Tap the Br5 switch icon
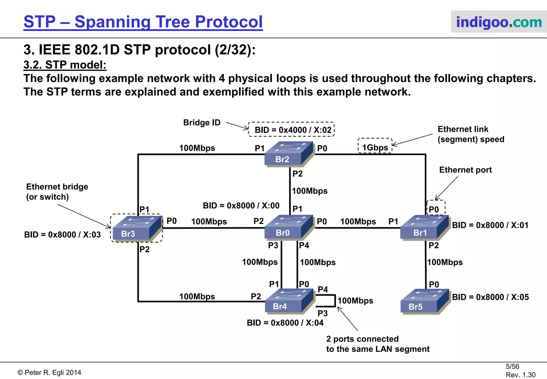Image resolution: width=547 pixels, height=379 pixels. (x=425, y=301)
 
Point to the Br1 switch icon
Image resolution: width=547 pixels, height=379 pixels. (x=425, y=227)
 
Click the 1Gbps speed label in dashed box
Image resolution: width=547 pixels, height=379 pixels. (x=375, y=147)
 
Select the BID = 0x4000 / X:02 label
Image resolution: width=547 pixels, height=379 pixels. (x=293, y=130)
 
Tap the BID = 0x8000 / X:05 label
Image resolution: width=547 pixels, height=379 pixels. (x=490, y=297)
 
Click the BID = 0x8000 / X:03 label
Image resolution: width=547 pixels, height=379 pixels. (x=62, y=234)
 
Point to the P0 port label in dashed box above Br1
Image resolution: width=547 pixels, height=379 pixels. (x=434, y=209)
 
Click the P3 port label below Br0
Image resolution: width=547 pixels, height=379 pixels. (x=273, y=245)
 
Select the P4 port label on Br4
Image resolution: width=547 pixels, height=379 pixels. (x=323, y=289)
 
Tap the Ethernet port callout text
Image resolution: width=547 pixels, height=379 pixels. (x=465, y=170)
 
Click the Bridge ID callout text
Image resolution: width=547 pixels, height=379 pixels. (x=202, y=122)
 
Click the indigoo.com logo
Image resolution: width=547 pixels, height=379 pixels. (x=499, y=22)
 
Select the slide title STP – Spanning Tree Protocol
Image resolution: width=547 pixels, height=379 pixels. (x=143, y=22)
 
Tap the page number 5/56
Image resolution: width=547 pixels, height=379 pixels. (x=512, y=366)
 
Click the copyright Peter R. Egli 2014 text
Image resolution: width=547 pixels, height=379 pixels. (x=49, y=372)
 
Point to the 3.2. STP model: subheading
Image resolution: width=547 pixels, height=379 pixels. (x=65, y=65)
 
